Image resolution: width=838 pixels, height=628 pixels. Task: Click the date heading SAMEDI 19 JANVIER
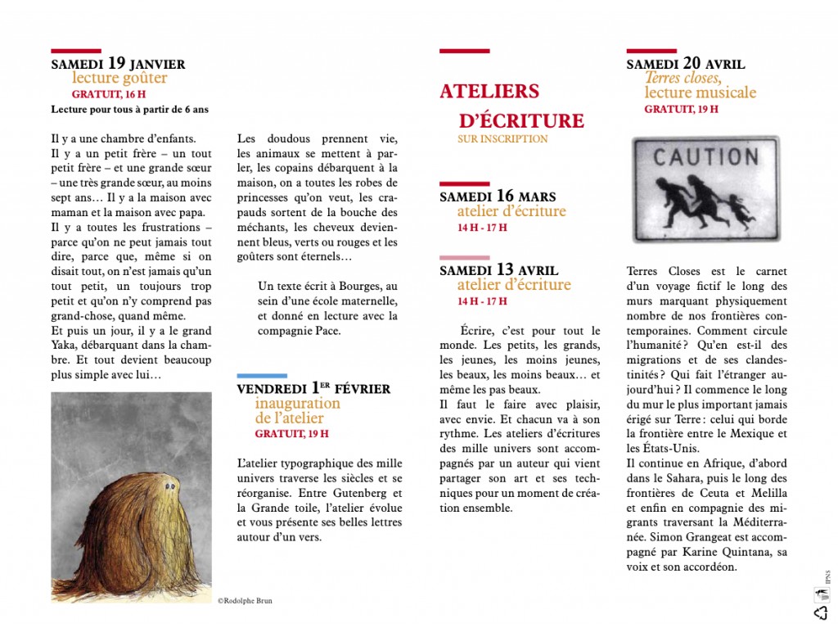118,63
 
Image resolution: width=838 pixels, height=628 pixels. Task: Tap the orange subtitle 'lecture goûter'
119,79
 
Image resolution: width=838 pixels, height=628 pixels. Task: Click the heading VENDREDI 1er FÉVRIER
313,389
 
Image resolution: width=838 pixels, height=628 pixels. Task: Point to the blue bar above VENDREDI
262,376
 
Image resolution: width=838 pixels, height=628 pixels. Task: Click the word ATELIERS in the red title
489,91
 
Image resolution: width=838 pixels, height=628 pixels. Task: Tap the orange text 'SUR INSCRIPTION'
502,139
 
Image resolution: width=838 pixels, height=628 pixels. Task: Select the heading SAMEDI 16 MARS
498,197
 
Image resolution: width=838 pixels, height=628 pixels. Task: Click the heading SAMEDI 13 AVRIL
499,269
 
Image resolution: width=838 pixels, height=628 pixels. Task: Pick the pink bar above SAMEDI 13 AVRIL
464,257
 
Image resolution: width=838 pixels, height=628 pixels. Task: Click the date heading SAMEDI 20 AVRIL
686,64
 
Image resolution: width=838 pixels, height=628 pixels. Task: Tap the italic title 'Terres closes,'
683,79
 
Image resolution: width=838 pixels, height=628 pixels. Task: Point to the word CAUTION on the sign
705,156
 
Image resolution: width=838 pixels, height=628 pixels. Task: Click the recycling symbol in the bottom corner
820,612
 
